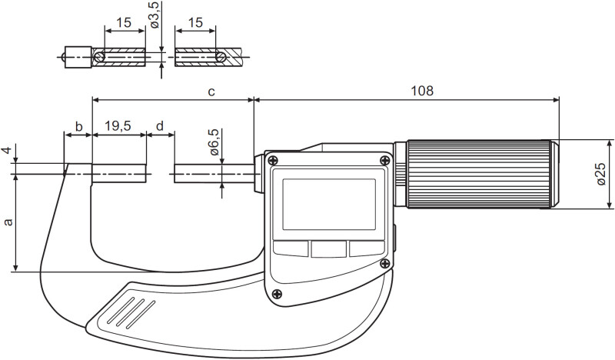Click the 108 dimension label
click(x=422, y=91)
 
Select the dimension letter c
click(x=211, y=92)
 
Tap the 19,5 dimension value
click(x=119, y=125)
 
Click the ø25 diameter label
click(x=601, y=174)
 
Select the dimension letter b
click(x=78, y=125)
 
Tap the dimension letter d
click(x=160, y=125)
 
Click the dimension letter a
click(x=8, y=222)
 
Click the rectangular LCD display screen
click(x=329, y=205)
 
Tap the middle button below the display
click(x=329, y=248)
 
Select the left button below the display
click(x=291, y=248)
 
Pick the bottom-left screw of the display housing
click(x=277, y=293)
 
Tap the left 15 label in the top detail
click(x=124, y=24)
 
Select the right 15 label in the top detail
click(x=195, y=24)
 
